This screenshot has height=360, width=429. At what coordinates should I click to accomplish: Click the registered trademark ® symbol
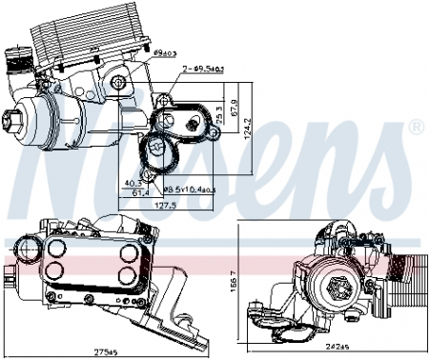tap(416, 128)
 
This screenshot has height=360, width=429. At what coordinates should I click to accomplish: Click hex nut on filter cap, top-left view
tap(17, 121)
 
